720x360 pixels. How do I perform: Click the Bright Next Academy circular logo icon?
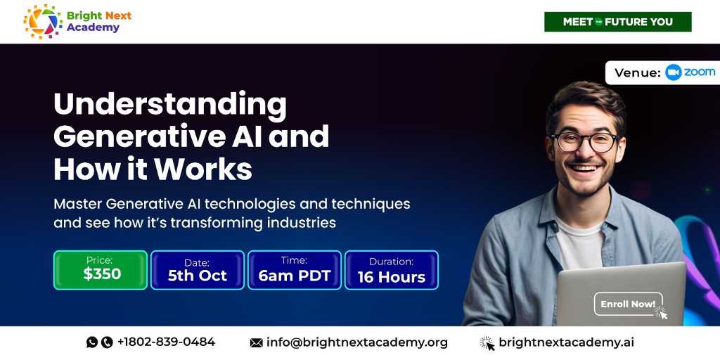click(43, 21)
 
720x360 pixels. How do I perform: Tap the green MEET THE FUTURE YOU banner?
click(617, 22)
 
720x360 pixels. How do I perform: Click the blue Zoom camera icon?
click(673, 72)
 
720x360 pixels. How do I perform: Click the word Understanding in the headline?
click(170, 105)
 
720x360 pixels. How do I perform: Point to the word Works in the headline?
click(203, 169)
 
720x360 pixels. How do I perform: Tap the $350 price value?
click(102, 274)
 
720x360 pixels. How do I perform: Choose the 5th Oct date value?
click(198, 276)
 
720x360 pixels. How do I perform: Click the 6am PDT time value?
click(295, 276)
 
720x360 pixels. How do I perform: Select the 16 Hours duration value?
click(391, 277)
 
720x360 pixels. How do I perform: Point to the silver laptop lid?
click(621, 294)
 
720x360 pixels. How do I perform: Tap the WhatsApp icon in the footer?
click(92, 342)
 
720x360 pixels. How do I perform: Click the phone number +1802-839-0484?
click(166, 342)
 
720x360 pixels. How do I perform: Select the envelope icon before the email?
click(256, 342)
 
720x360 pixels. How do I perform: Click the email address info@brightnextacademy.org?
click(356, 342)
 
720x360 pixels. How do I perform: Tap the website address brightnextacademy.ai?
click(566, 342)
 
